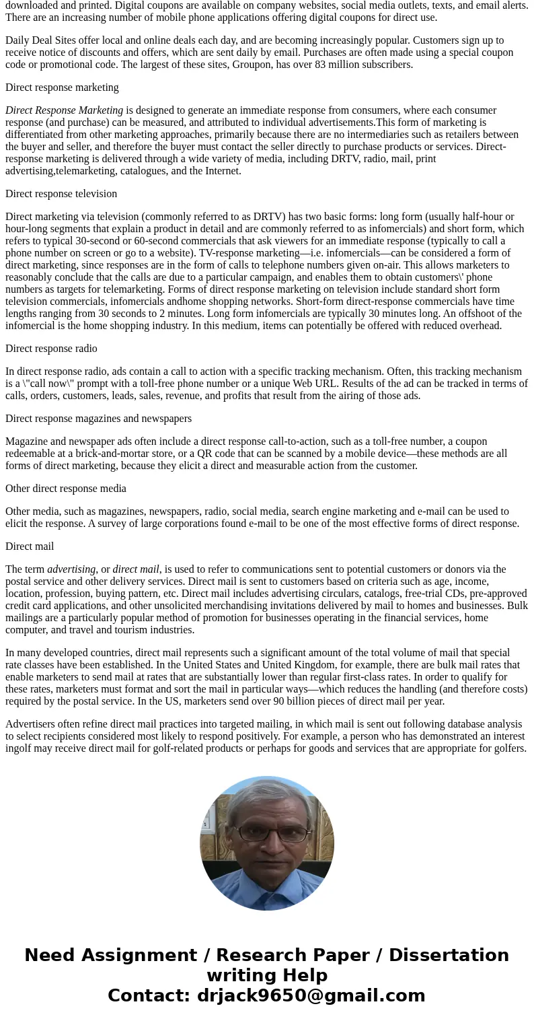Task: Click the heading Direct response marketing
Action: tap(62, 87)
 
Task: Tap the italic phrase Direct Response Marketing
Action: tap(64, 110)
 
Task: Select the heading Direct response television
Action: tap(61, 194)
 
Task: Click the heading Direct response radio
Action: tap(51, 349)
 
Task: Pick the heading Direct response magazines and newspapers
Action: tap(98, 419)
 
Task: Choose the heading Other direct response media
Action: tap(66, 489)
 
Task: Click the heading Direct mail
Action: tap(30, 546)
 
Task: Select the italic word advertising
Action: tap(71, 569)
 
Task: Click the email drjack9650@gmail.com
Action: tap(311, 995)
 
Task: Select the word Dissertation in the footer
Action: tap(449, 955)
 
